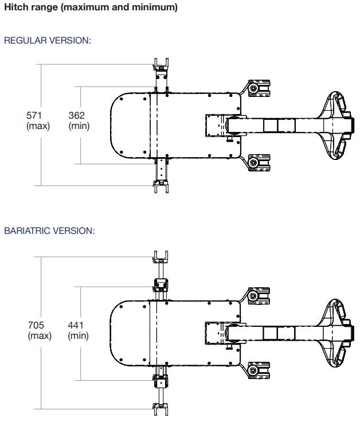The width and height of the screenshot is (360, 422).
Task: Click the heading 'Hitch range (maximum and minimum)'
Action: pos(91,7)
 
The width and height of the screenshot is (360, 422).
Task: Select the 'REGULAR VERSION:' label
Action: pos(48,41)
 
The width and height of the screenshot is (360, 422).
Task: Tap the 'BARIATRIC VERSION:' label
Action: pos(49,230)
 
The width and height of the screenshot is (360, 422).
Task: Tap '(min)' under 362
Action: pos(79,126)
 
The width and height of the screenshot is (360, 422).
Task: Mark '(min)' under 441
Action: pos(78,336)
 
